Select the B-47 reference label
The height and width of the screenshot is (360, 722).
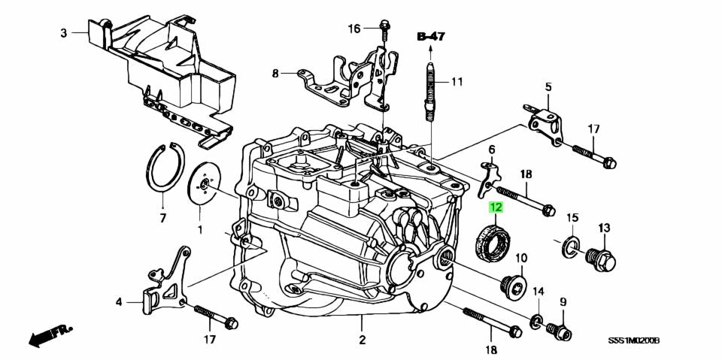[432, 35]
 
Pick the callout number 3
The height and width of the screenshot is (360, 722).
[64, 33]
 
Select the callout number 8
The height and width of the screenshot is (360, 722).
[275, 74]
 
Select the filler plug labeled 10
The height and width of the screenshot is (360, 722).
[513, 285]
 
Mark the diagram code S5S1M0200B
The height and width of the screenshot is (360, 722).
[633, 340]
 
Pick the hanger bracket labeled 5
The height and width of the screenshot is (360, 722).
[547, 121]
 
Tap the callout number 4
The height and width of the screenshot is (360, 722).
[119, 302]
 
